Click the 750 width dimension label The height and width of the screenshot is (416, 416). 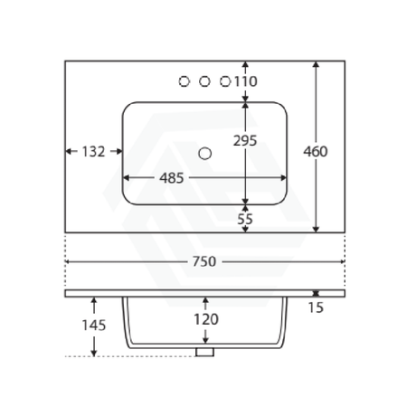(x=204, y=261)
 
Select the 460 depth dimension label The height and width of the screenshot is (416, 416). (x=316, y=152)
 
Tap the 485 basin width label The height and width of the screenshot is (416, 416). (x=172, y=178)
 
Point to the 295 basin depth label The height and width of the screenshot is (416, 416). (x=245, y=140)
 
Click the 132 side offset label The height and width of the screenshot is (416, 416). (x=93, y=152)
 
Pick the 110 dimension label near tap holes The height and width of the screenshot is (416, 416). (x=246, y=81)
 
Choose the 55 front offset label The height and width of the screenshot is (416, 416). (x=245, y=219)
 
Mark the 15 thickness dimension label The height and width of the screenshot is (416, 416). (x=316, y=307)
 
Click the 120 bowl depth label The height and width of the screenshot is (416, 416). (x=206, y=319)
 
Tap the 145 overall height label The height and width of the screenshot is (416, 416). (x=94, y=326)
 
